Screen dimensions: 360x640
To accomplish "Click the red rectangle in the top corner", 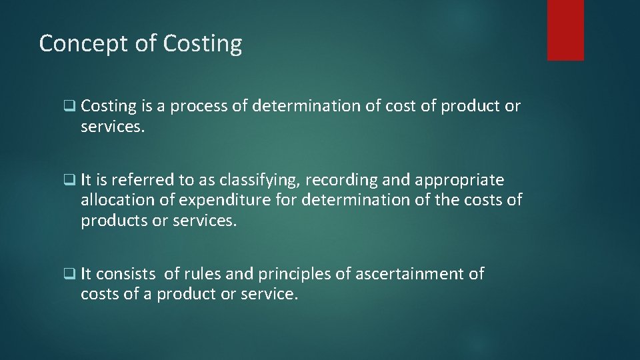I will pos(565,30).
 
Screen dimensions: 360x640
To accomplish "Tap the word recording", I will pos(344,181).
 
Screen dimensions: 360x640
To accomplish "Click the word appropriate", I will pos(459,181).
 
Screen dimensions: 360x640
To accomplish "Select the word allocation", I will pos(116,200).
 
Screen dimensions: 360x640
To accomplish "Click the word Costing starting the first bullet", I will pos(109,107).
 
